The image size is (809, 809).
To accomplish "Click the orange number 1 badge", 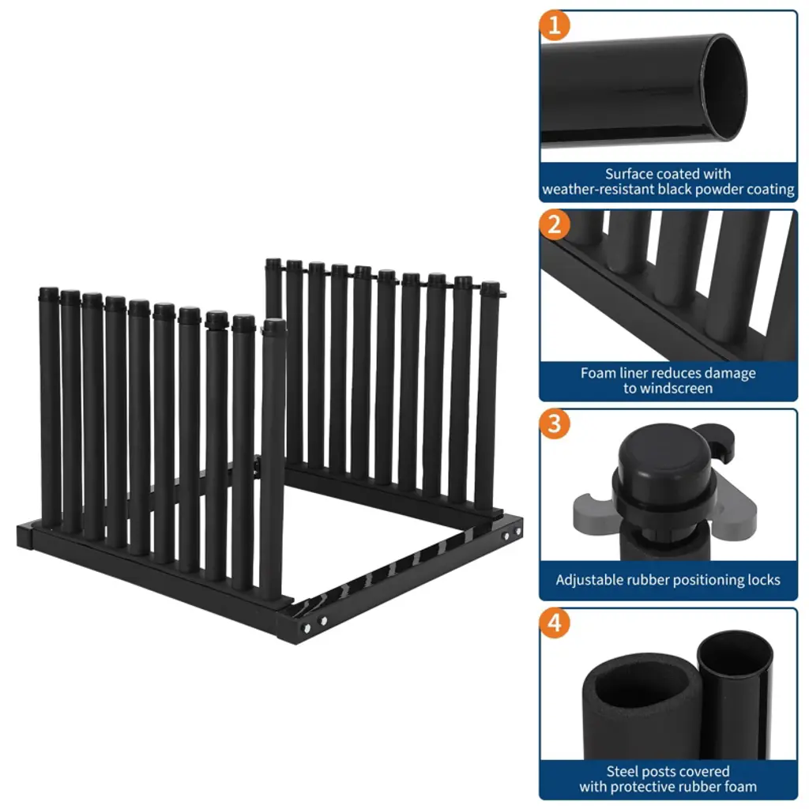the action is (x=555, y=25).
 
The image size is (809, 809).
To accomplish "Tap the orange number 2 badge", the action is (x=555, y=224).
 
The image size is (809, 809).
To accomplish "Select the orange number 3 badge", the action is (x=555, y=423).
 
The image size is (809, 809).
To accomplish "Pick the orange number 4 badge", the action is (x=555, y=623).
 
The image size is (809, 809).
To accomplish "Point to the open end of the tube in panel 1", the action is (x=726, y=87).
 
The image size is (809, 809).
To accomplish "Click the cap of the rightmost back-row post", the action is (x=491, y=288).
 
